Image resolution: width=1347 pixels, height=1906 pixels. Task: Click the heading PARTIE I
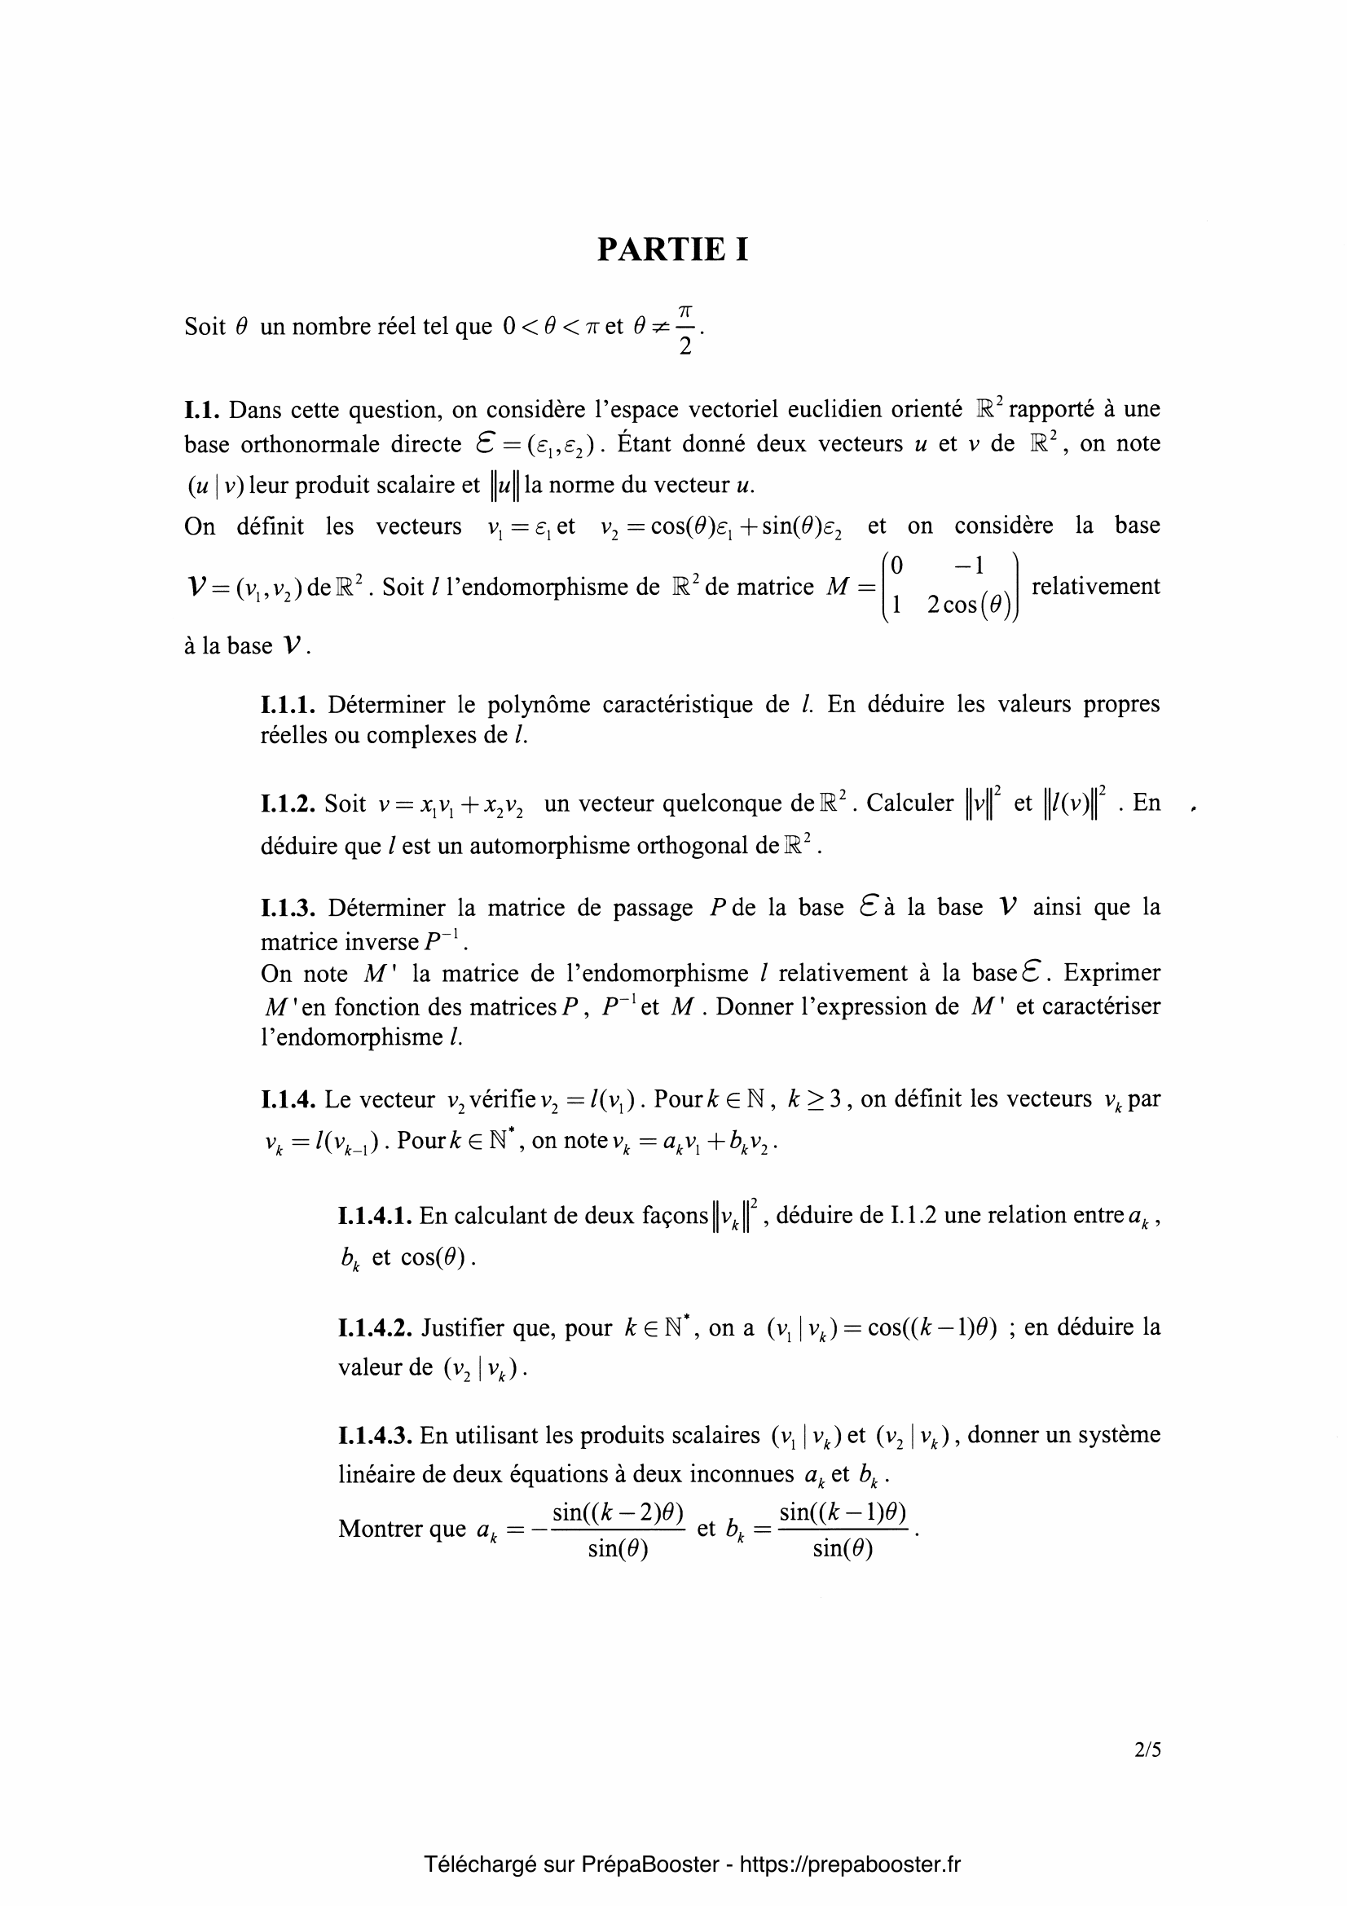(672, 249)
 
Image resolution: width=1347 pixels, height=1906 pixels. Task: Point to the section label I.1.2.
(288, 803)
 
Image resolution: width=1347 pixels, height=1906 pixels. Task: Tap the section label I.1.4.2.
(375, 1327)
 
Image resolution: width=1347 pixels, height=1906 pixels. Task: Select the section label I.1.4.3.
(375, 1435)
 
